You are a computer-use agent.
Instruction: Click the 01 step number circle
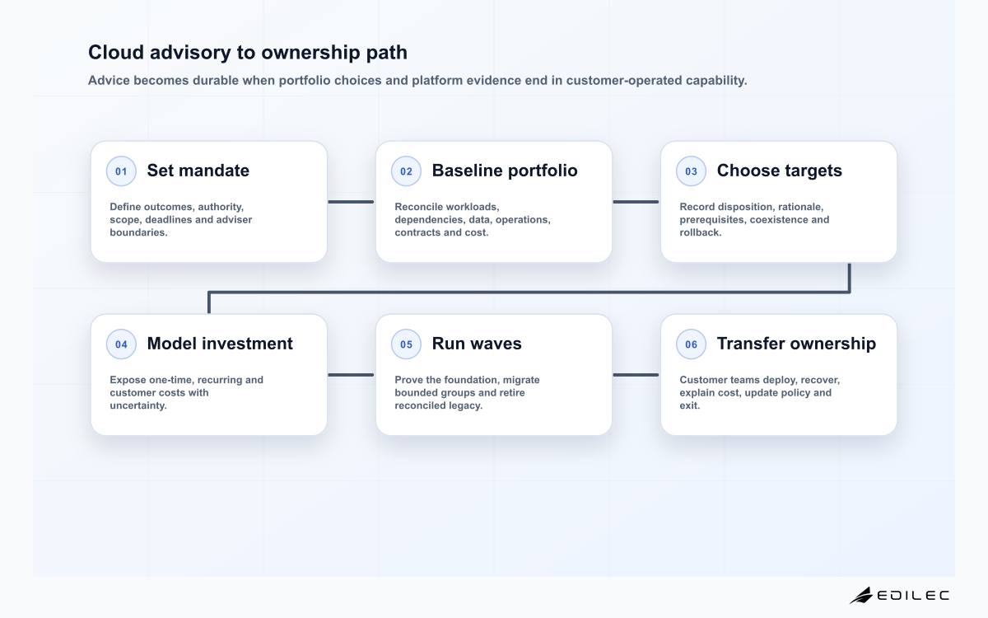tap(121, 171)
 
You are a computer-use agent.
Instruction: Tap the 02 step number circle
tap(406, 171)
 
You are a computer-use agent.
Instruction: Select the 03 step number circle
tap(691, 171)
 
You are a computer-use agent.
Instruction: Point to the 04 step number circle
tap(121, 344)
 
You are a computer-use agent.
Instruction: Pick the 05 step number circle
tap(406, 344)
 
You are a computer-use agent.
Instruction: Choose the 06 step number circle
tap(691, 344)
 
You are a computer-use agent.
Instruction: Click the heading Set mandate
tap(198, 171)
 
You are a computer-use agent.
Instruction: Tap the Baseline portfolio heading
tap(505, 171)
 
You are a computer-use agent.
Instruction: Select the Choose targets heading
tap(780, 171)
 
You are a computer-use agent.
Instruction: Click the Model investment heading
tap(220, 344)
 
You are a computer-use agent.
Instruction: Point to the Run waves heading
tap(477, 344)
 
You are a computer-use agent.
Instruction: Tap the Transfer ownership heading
tap(796, 344)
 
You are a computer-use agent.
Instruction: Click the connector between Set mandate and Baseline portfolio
tap(351, 202)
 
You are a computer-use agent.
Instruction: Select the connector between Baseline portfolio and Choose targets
tap(636, 202)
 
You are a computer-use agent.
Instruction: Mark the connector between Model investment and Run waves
tap(351, 375)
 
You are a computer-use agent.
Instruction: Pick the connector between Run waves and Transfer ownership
tap(636, 375)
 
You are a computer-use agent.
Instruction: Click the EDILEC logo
tap(899, 595)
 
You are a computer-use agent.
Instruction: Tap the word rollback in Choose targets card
tap(701, 232)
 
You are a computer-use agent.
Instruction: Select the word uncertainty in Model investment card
tap(138, 405)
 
